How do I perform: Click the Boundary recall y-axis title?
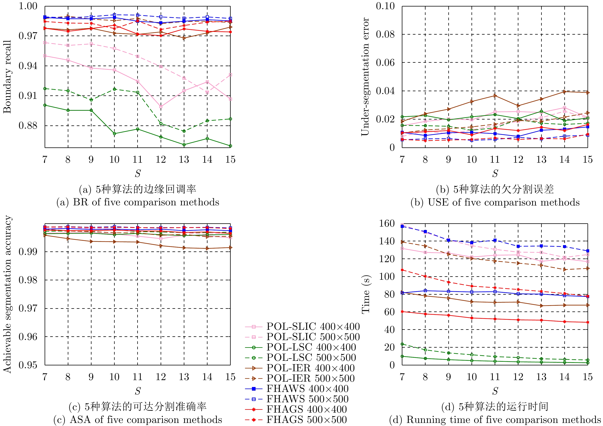coord(7,77)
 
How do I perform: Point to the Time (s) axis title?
coord(366,294)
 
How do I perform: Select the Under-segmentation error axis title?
coord(365,77)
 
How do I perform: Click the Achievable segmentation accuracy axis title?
coord(7,294)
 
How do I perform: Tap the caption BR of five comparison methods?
coord(138,202)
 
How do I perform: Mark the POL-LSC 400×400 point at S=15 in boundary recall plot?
coord(230,146)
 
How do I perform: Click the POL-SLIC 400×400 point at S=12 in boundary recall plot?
coord(161,107)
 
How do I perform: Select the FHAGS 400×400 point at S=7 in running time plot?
coord(402,312)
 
